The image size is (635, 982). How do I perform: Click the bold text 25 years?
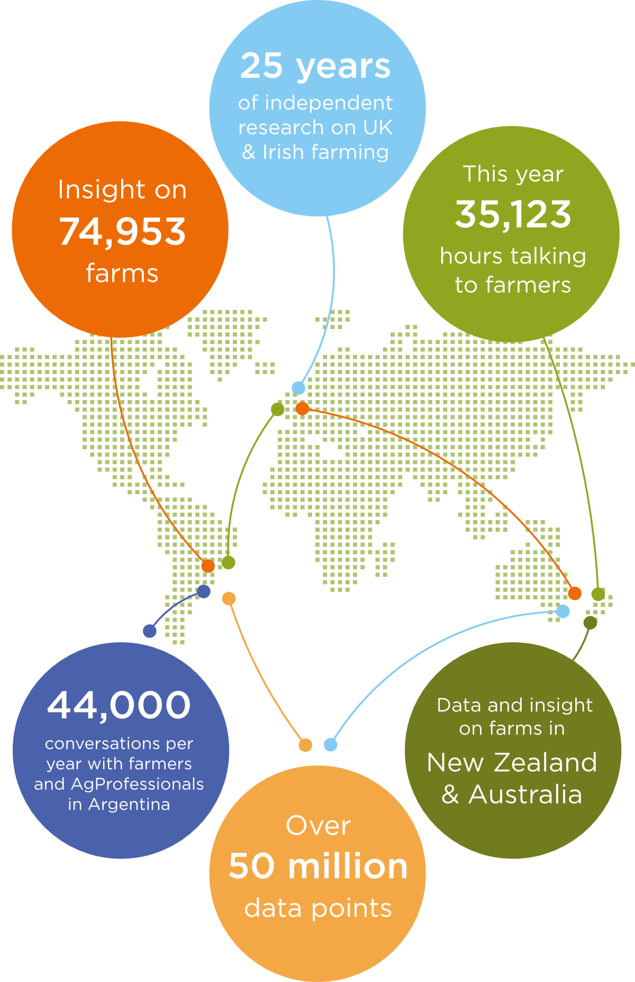315,66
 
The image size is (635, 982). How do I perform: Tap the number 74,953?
122,232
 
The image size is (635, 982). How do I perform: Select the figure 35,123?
513,214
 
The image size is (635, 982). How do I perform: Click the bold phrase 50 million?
318,866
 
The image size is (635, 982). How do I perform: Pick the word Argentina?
129,804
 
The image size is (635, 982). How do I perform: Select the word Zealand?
546,762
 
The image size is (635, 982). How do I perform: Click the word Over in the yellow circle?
318,825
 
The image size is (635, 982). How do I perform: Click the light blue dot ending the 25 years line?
298,388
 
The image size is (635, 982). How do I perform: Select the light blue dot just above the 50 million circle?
330,744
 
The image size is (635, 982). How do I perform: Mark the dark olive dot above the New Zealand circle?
590,623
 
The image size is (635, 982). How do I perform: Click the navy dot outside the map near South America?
150,631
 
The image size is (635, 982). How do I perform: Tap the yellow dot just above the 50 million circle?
305,745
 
